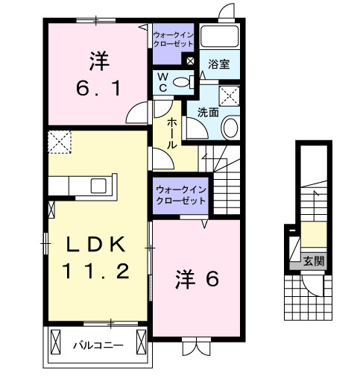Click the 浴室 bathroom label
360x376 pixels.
pos(219,64)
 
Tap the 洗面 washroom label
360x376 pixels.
pos(208,112)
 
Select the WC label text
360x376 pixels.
pos(160,82)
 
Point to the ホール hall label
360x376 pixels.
pos(172,132)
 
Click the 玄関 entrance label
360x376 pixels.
pos(313,261)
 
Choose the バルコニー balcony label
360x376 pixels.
pos(98,345)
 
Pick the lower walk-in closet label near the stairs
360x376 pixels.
pos(180,195)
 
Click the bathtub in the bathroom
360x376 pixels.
pos(219,38)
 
